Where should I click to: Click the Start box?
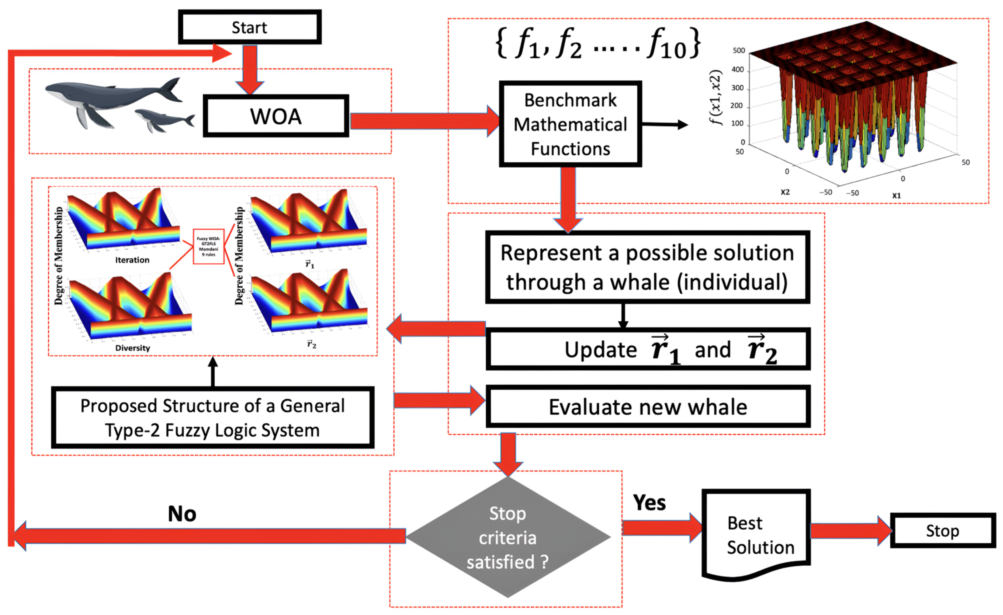(x=249, y=27)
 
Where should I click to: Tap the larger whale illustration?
(x=110, y=98)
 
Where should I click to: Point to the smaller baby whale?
(x=163, y=120)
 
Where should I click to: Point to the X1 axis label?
(x=896, y=196)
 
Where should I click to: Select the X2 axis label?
(x=785, y=192)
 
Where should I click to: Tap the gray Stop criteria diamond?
(x=508, y=537)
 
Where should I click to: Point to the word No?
(x=182, y=514)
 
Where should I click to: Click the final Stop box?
(x=942, y=531)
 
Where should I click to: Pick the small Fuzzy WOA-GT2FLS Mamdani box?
(x=209, y=246)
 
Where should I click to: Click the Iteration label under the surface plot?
(x=132, y=260)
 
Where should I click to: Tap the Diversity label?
(x=132, y=348)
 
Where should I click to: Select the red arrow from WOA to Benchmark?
(x=423, y=121)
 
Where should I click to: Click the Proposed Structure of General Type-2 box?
(x=212, y=418)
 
